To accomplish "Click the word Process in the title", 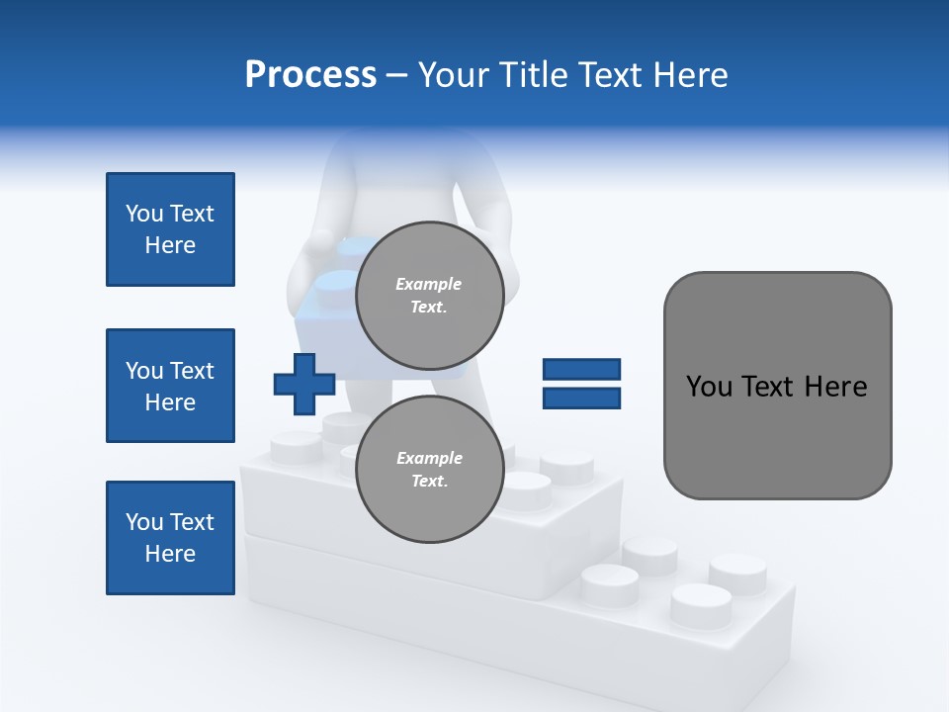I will point(310,75).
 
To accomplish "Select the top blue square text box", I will point(170,229).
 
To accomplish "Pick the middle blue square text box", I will point(170,386).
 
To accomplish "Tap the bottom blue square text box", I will point(170,538).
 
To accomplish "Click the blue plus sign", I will point(304,384).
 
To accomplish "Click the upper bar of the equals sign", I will point(581,370).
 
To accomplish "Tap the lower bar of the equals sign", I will point(581,399).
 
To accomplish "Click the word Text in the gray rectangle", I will point(766,387).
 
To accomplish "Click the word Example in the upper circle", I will point(429,284).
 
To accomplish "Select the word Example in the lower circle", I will point(429,458).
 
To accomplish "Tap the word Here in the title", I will point(686,75).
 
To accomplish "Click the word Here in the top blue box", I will point(170,245).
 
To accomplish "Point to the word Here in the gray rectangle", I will point(835,387).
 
